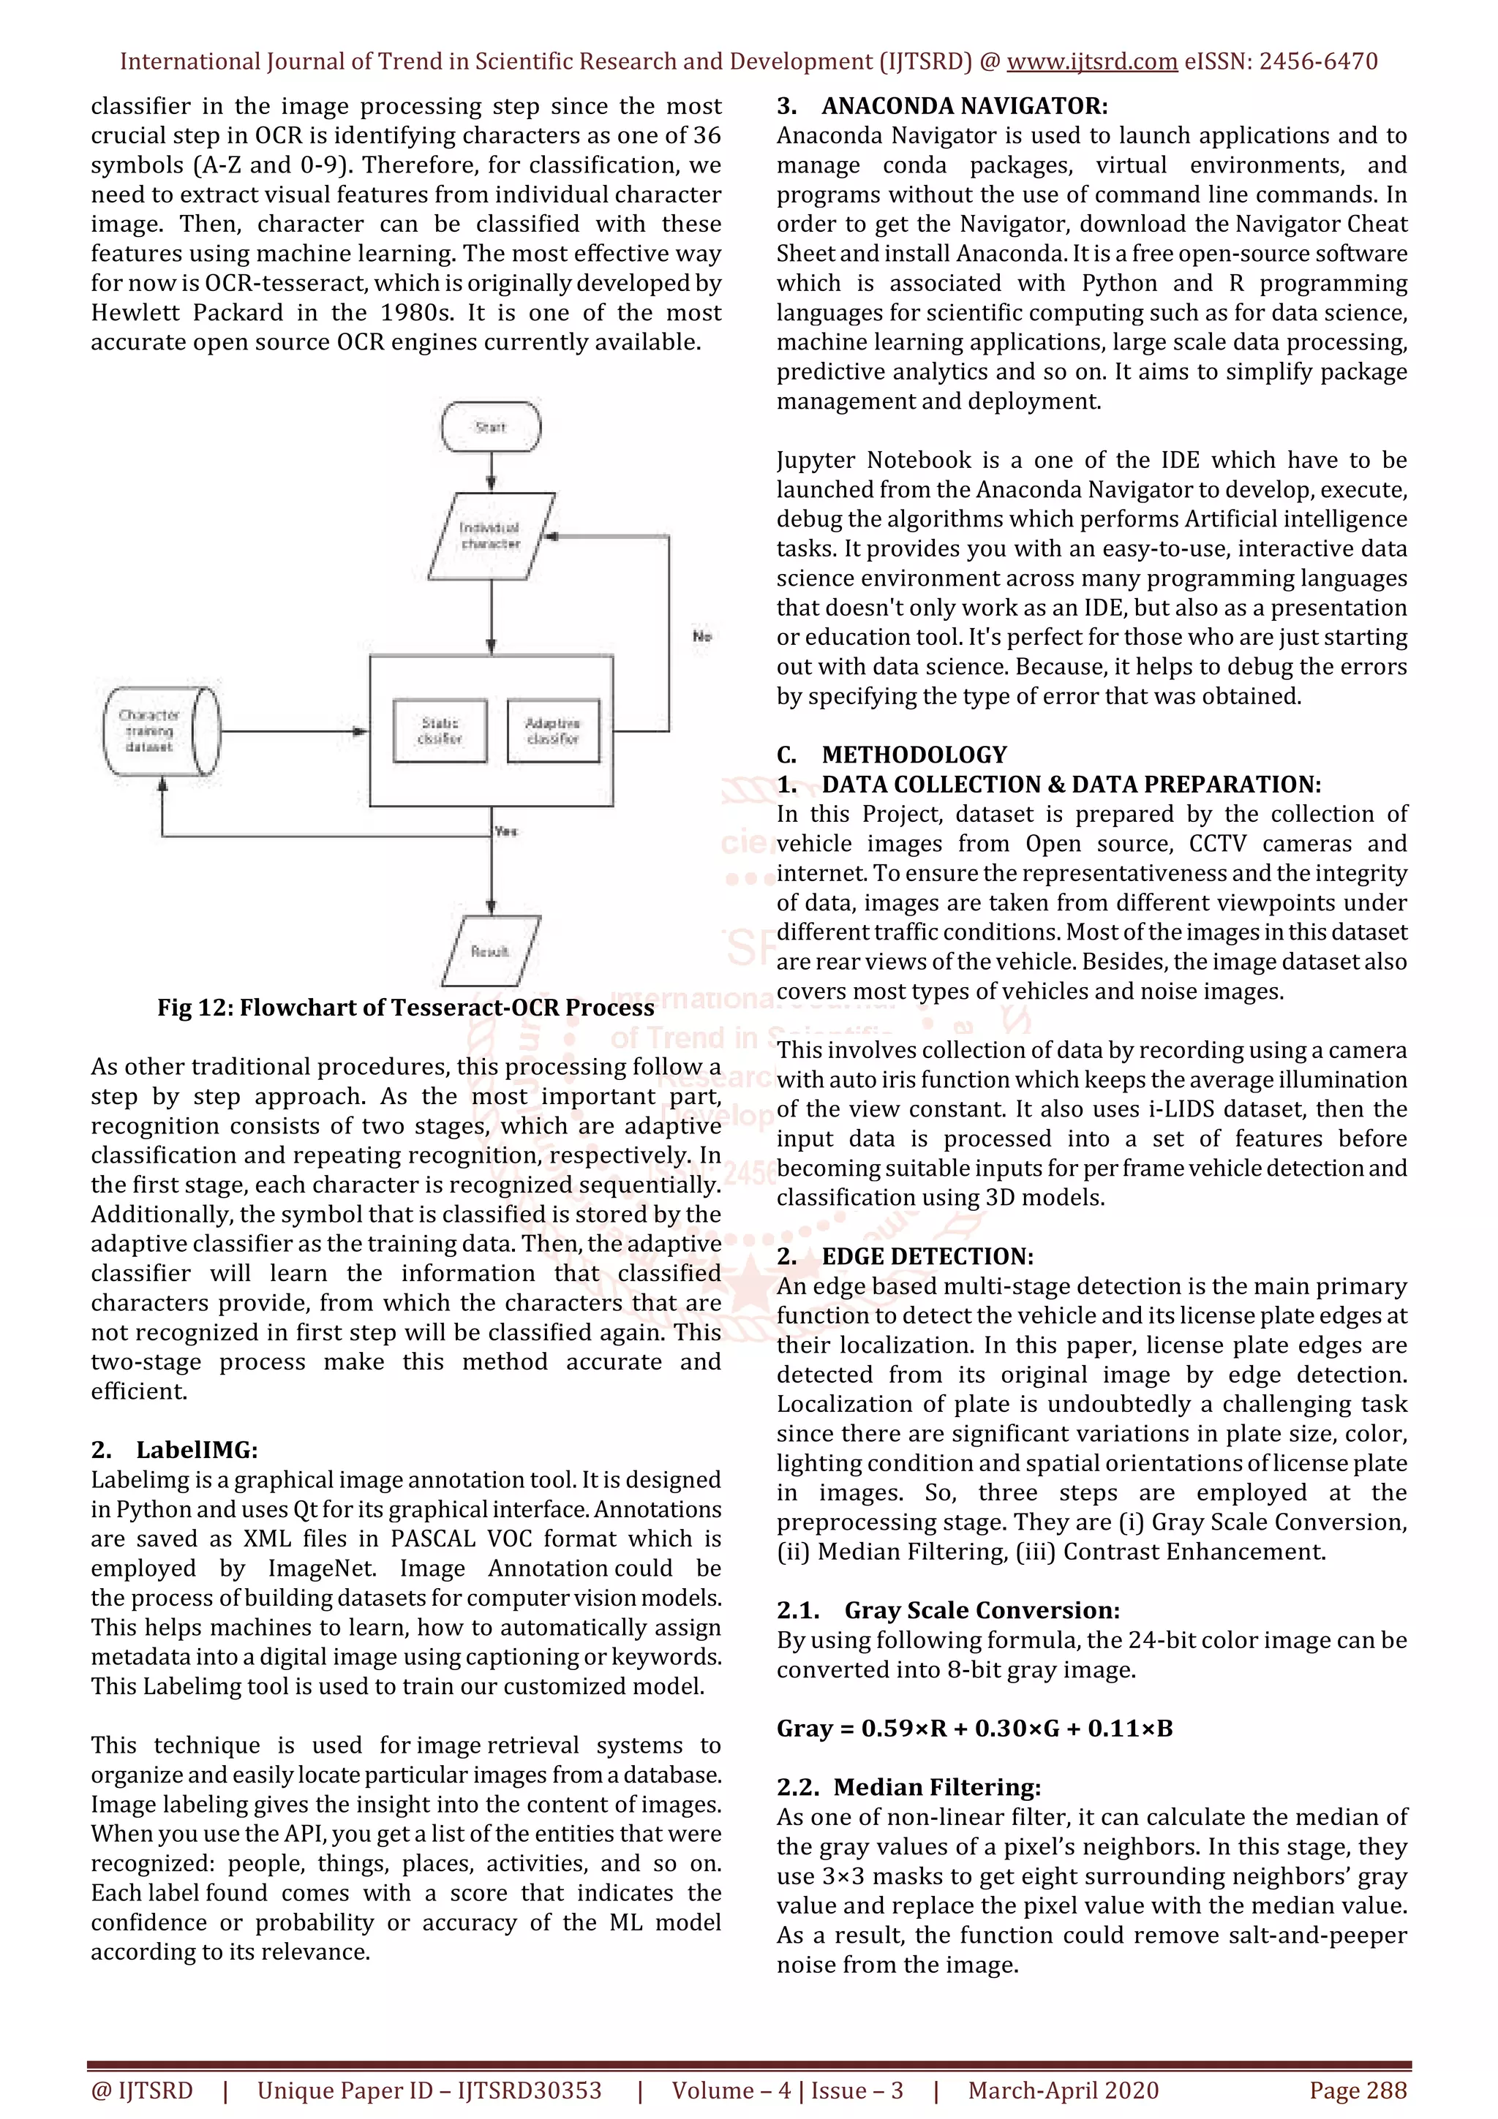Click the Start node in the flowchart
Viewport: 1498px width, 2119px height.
(x=491, y=427)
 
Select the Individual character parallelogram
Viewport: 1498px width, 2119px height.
(x=491, y=536)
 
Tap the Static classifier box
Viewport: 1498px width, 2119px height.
(x=440, y=731)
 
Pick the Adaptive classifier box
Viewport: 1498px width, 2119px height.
(x=553, y=731)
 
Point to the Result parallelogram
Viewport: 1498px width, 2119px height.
(x=490, y=951)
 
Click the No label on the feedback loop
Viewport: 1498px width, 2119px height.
(x=702, y=636)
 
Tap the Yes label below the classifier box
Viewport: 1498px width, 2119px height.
(x=505, y=831)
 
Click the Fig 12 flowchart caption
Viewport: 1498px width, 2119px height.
(x=405, y=1007)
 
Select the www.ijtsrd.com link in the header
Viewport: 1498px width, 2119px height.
(x=1091, y=62)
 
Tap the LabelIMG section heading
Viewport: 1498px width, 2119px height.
(x=196, y=1450)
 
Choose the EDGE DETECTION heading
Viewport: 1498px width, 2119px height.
(x=927, y=1256)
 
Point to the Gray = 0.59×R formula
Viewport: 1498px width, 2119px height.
(x=974, y=1729)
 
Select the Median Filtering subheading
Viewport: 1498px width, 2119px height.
(x=936, y=1788)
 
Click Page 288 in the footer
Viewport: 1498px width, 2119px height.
(x=1358, y=2090)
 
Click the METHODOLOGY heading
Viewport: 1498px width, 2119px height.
(x=914, y=755)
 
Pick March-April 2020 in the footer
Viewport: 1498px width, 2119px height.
(x=1062, y=2090)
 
